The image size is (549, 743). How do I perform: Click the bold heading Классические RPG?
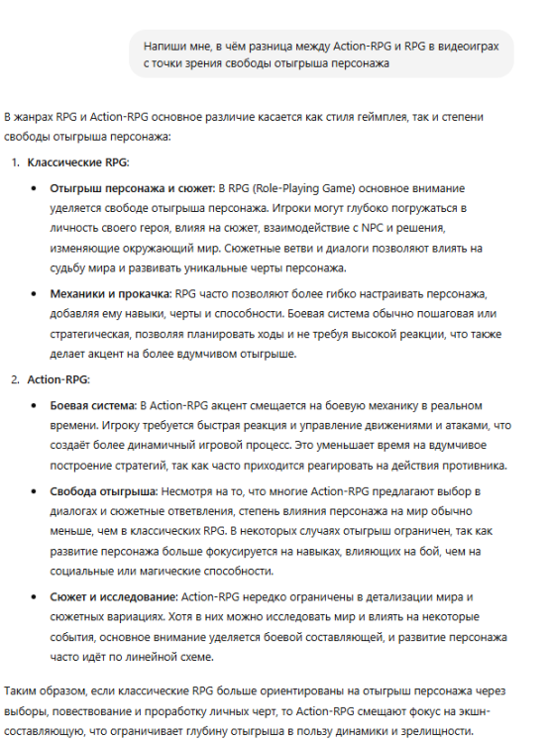[x=78, y=161]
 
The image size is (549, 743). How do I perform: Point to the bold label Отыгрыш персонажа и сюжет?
[x=132, y=187]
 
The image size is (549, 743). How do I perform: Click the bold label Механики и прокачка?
[x=111, y=294]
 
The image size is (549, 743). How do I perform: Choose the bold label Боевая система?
[x=93, y=405]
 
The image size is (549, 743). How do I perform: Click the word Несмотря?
[x=187, y=491]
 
